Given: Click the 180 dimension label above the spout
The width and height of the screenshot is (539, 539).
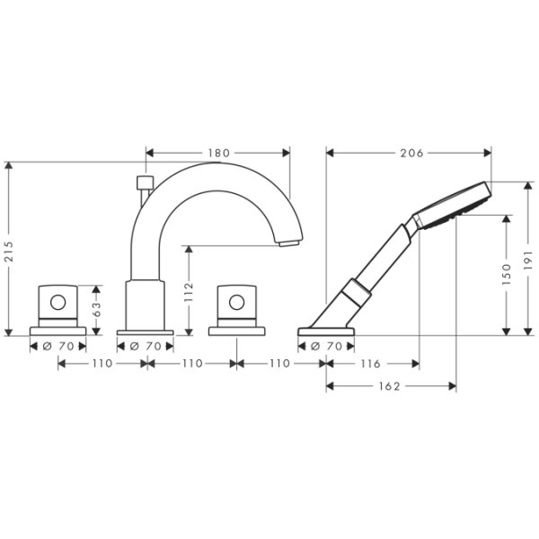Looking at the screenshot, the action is [219, 153].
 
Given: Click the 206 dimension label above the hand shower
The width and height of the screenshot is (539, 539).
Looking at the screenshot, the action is [411, 153].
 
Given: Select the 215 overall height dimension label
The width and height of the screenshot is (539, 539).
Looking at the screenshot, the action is [9, 252].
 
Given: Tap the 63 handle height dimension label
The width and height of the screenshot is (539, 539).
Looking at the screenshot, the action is [97, 309].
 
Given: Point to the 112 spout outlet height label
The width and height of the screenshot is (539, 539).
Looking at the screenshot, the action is [189, 292].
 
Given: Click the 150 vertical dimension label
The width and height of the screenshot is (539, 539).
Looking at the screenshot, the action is [507, 274].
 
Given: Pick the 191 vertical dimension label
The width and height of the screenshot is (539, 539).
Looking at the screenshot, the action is [528, 260].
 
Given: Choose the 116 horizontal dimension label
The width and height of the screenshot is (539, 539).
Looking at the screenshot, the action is [370, 363].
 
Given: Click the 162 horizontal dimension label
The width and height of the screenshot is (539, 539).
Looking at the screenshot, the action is [390, 386].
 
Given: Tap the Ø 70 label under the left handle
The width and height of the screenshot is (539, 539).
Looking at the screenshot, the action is [58, 346].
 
